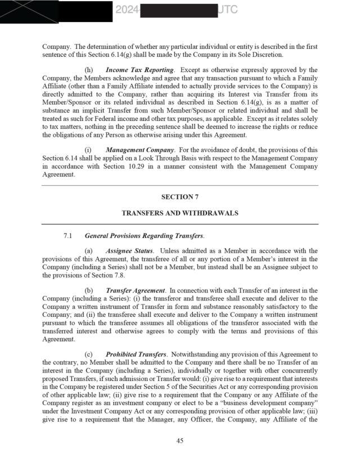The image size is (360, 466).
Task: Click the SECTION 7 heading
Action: pyautogui.click(x=180, y=197)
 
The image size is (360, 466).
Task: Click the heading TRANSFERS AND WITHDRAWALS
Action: pyautogui.click(x=180, y=213)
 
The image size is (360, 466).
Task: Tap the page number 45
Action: pyautogui.click(x=180, y=441)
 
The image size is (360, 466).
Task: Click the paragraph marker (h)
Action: pyautogui.click(x=89, y=70)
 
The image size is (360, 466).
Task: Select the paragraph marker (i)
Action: pyautogui.click(x=88, y=150)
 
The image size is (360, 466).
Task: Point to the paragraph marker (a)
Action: pyautogui.click(x=88, y=250)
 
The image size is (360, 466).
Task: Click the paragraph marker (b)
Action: pyautogui.click(x=89, y=290)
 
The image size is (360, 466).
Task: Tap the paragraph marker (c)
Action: pyautogui.click(x=88, y=355)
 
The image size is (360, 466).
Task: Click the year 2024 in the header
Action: pyautogui.click(x=127, y=10)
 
